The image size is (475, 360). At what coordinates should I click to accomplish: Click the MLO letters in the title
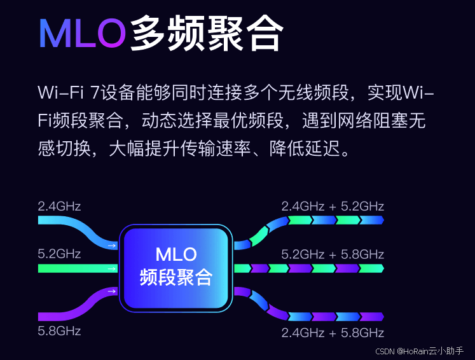[x=82, y=33]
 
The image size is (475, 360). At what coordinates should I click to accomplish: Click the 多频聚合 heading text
[x=205, y=33]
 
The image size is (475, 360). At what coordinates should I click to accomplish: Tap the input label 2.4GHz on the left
[x=59, y=206]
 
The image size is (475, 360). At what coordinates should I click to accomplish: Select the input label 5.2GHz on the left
[x=59, y=254]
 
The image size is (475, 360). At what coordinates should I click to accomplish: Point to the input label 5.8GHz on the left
[x=59, y=331]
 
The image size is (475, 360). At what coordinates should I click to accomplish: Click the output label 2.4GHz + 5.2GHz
[x=333, y=206]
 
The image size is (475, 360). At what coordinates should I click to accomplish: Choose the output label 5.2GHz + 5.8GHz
[x=333, y=254]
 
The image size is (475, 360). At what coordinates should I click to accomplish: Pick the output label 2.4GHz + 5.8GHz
[x=333, y=333]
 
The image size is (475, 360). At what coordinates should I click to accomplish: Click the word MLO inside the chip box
[x=176, y=255]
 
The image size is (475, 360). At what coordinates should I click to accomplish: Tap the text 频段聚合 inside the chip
[x=176, y=277]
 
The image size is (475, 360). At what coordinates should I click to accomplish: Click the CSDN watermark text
[x=385, y=352]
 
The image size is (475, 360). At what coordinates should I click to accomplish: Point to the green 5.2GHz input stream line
[x=76, y=268]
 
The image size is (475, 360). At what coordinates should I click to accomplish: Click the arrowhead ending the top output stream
[x=380, y=220]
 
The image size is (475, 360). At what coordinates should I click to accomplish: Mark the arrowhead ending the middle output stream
[x=380, y=268]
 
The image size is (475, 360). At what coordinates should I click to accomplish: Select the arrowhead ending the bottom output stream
[x=380, y=316]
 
